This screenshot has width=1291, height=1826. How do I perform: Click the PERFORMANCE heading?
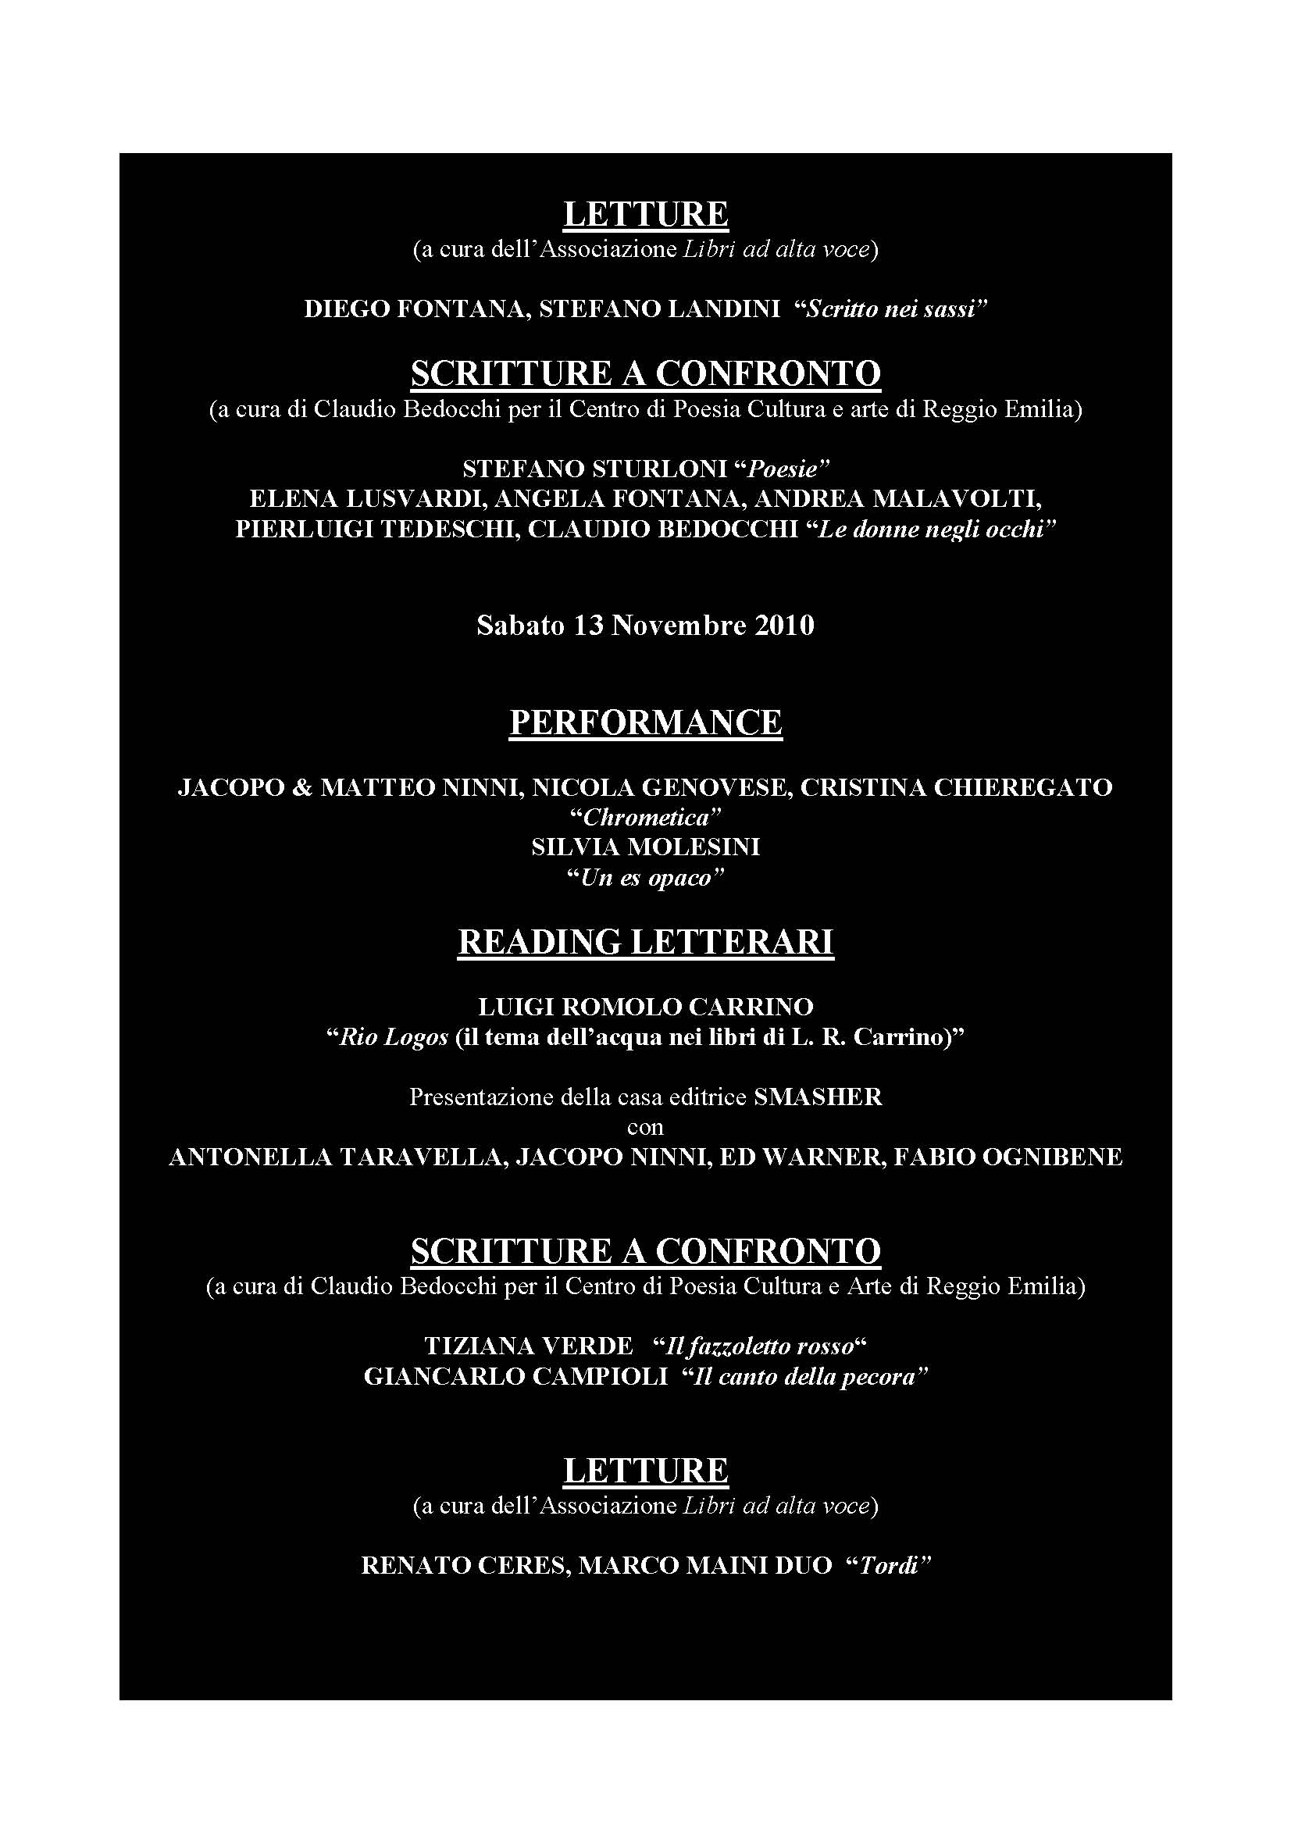[645, 722]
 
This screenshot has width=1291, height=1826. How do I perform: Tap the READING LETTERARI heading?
[645, 942]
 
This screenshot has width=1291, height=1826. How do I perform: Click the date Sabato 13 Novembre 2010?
[645, 626]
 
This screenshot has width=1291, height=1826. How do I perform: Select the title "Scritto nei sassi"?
[891, 310]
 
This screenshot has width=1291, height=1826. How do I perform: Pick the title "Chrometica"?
[645, 818]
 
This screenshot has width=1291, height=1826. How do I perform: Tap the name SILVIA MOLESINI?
[645, 847]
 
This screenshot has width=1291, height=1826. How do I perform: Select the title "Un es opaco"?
[645, 878]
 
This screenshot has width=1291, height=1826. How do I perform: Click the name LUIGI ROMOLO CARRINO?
[645, 1008]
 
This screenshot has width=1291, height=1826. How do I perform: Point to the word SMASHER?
[818, 1097]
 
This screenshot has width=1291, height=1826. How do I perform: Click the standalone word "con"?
[645, 1128]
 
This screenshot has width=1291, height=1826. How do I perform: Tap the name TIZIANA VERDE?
[528, 1346]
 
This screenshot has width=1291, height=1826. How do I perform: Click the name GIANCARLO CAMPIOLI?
[515, 1377]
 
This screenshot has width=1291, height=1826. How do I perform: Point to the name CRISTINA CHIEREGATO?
[955, 787]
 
